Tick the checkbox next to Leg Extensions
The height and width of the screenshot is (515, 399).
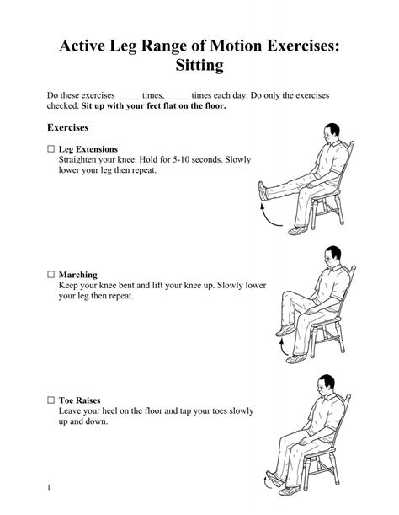(x=51, y=149)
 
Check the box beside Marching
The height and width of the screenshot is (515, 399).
(x=51, y=275)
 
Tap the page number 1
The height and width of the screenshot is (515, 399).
(x=51, y=487)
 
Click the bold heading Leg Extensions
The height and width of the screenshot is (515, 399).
(x=88, y=149)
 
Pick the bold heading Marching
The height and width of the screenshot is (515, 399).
(x=78, y=275)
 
